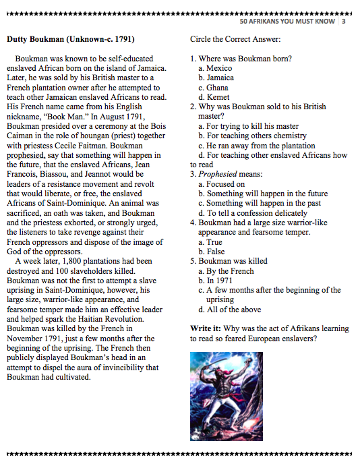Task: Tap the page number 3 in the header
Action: click(x=344, y=21)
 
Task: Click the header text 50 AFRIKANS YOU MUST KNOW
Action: click(x=287, y=21)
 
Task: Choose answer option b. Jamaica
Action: click(x=216, y=78)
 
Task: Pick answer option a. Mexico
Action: click(x=215, y=68)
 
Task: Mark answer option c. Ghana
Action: click(x=214, y=88)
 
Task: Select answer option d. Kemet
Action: click(x=214, y=97)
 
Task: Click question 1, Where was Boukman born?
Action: click(x=241, y=59)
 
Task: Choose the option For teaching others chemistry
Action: click(x=252, y=136)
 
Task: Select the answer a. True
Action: click(x=210, y=241)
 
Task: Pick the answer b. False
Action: click(x=211, y=251)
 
